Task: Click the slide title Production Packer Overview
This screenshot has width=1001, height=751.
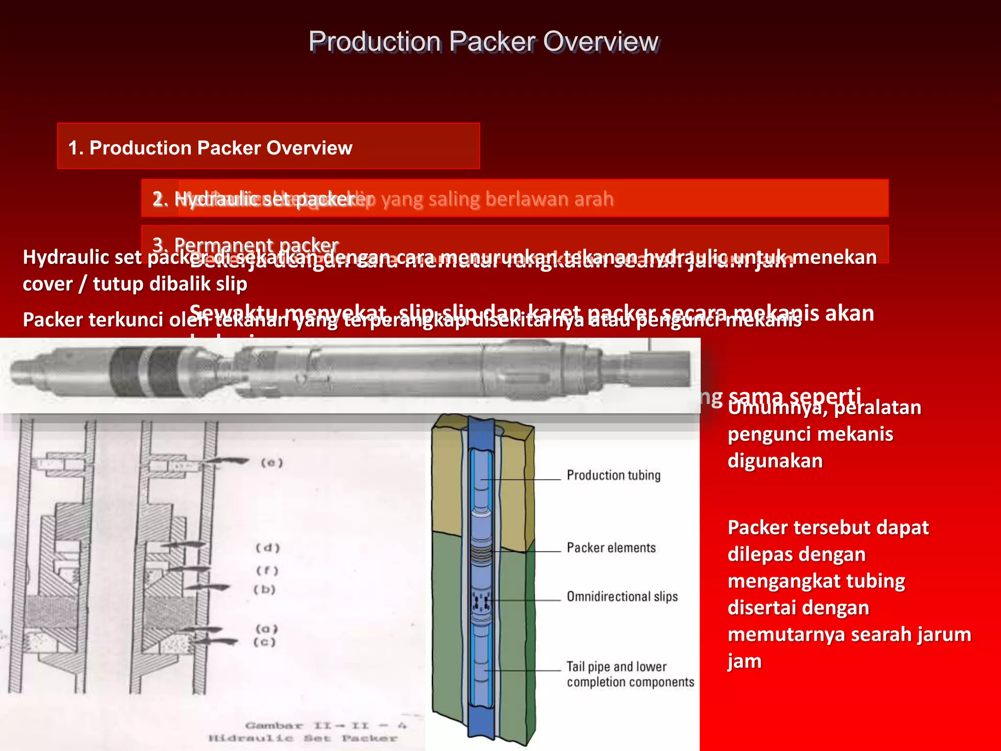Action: click(483, 42)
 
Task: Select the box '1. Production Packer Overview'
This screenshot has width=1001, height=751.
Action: click(268, 146)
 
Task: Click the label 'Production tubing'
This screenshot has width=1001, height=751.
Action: click(613, 475)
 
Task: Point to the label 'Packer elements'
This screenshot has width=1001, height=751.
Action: click(611, 548)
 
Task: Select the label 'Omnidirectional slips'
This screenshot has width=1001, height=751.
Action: click(622, 596)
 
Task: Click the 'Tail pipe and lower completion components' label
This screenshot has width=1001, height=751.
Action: click(630, 674)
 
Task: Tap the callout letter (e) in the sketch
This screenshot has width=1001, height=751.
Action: click(272, 463)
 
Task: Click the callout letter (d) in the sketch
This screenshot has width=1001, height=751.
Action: click(268, 548)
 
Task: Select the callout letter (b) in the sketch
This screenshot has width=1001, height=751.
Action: click(265, 590)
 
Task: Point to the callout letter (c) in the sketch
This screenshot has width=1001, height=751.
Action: click(265, 642)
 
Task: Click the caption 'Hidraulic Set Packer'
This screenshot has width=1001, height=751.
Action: click(303, 738)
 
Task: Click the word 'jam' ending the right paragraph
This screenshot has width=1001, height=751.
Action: click(744, 661)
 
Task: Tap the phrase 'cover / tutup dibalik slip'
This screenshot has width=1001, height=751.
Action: click(135, 284)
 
